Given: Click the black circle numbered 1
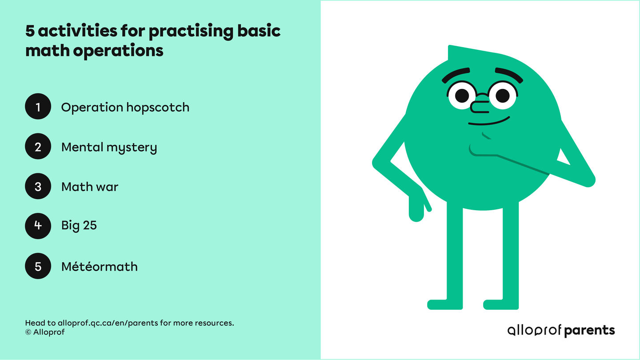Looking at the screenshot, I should (38, 107).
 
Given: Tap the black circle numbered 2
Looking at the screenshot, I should (38, 147).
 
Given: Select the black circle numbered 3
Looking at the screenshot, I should (38, 187).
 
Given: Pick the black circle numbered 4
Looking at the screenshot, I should (38, 225).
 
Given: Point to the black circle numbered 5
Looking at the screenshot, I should (38, 266).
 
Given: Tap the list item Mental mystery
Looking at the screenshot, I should (109, 148).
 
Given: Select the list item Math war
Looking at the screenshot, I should (90, 187).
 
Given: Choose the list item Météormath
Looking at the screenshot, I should (99, 267).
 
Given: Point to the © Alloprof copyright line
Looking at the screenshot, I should (45, 332).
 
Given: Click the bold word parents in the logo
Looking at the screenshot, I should (589, 330).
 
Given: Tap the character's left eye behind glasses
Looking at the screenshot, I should (462, 95).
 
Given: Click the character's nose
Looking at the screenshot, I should (479, 107).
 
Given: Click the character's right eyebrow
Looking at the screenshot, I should (509, 75).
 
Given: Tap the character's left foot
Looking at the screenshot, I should (445, 304).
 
